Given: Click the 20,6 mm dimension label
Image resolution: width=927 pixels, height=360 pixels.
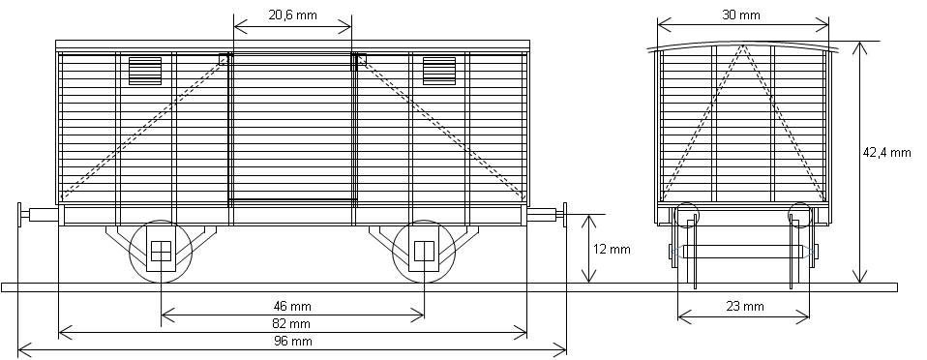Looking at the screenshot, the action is (x=292, y=15).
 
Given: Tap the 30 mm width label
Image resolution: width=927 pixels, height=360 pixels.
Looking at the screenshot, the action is (x=741, y=15).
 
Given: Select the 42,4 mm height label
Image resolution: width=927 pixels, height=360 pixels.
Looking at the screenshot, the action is (x=886, y=153).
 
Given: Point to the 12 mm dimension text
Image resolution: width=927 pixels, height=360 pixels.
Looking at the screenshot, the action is (x=612, y=249).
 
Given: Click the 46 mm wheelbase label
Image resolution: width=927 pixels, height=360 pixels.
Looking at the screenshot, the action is (x=292, y=306).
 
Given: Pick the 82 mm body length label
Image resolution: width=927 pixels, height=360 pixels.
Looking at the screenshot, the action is (x=292, y=323).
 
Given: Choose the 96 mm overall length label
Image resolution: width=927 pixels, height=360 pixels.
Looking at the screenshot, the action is (x=292, y=341).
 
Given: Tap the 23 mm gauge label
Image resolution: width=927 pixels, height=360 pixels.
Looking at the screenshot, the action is (x=744, y=306).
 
